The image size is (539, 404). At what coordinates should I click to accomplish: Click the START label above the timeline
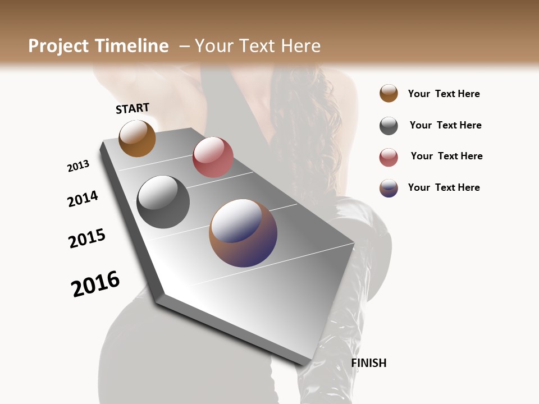pyautogui.click(x=133, y=108)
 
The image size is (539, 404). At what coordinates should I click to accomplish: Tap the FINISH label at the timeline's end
pyautogui.click(x=369, y=363)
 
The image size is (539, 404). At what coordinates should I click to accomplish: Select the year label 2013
pyautogui.click(x=78, y=166)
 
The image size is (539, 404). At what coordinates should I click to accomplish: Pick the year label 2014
pyautogui.click(x=83, y=199)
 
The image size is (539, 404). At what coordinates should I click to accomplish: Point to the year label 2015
pyautogui.click(x=87, y=238)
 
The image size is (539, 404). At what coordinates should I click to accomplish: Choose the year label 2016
pyautogui.click(x=95, y=284)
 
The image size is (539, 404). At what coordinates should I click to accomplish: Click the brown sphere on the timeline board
pyautogui.click(x=137, y=138)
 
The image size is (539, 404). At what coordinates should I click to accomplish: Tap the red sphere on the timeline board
pyautogui.click(x=213, y=157)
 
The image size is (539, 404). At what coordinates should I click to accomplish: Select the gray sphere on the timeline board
pyautogui.click(x=163, y=202)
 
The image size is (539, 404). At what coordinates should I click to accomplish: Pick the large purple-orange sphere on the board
pyautogui.click(x=243, y=233)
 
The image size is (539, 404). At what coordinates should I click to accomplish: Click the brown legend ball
pyautogui.click(x=389, y=94)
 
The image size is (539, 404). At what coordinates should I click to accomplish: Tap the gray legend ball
pyautogui.click(x=389, y=126)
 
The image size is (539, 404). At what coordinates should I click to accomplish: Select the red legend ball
pyautogui.click(x=389, y=157)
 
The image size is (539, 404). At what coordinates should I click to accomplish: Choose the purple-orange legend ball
pyautogui.click(x=389, y=188)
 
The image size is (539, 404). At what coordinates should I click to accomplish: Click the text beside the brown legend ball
pyautogui.click(x=444, y=94)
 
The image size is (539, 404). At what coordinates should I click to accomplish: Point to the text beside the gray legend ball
pyautogui.click(x=445, y=125)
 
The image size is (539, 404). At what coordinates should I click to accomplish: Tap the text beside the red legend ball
pyautogui.click(x=446, y=156)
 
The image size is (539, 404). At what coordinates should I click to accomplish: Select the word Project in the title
pyautogui.click(x=59, y=46)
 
